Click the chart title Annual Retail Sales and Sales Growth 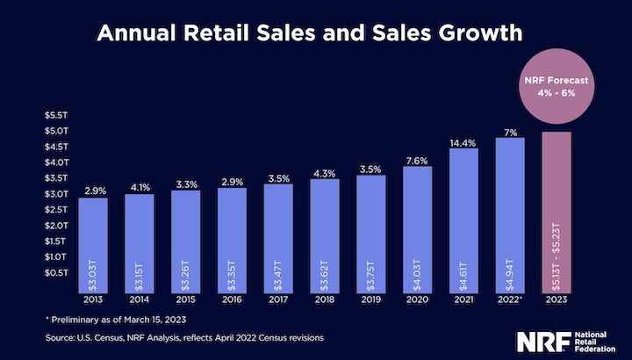click(315, 34)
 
